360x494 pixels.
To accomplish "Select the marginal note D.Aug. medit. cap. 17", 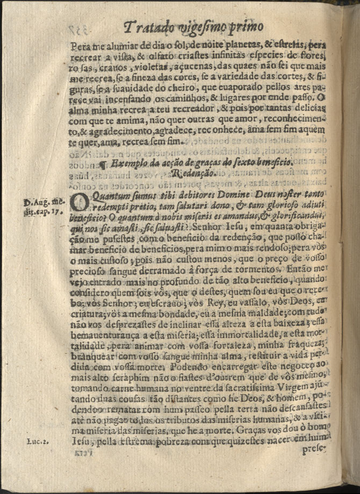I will tap(45, 207).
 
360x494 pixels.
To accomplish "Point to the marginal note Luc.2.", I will tap(38, 441).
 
